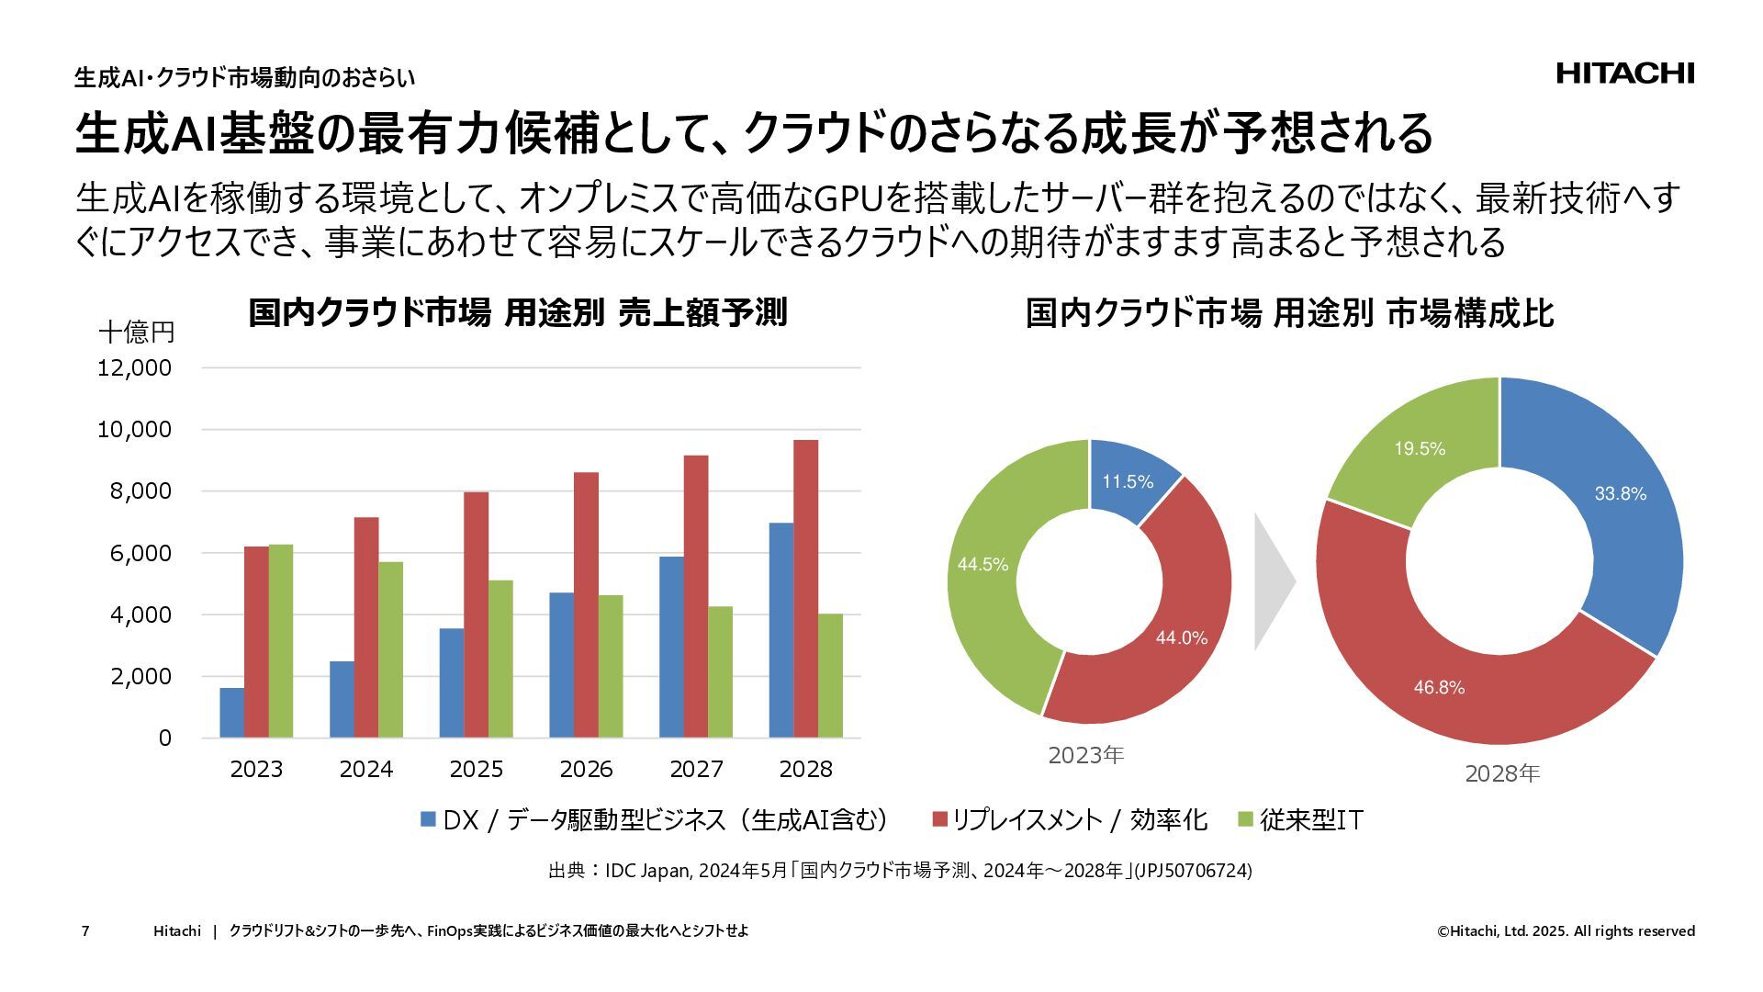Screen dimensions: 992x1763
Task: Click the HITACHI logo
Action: (x=1624, y=73)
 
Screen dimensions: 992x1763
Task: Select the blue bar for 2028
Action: (x=781, y=630)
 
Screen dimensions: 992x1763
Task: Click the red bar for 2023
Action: (x=256, y=642)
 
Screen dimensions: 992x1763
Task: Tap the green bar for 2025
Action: (x=500, y=659)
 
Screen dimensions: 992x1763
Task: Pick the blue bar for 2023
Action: (x=232, y=713)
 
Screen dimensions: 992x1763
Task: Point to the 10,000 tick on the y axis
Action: (x=134, y=430)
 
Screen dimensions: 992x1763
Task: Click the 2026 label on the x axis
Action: (x=586, y=769)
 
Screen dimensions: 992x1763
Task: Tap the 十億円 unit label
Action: (x=136, y=332)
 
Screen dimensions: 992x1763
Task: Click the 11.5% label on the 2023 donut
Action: (x=1128, y=482)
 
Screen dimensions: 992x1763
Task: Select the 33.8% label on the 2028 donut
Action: (x=1620, y=494)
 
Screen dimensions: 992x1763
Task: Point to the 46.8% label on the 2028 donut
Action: (x=1439, y=687)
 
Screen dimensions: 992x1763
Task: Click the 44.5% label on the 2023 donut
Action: (x=983, y=564)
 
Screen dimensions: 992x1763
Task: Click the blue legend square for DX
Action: (x=428, y=819)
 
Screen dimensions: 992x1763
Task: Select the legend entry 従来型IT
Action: (x=1310, y=819)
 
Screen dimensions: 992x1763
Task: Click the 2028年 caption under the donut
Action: (x=1501, y=773)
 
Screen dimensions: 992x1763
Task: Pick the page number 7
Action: (x=85, y=931)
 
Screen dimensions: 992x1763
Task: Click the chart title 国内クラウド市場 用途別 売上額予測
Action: (x=517, y=313)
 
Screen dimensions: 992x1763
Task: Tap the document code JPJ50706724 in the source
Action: (x=1194, y=870)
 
